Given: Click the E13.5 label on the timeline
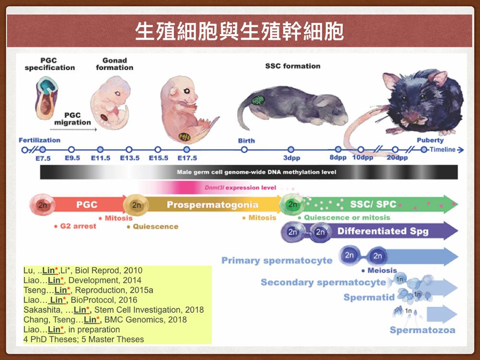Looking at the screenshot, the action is coord(130,158).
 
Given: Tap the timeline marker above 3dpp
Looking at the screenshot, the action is coord(291,150).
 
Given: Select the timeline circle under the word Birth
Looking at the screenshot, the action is coord(244,150).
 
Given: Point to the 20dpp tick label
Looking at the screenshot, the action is coord(397,157).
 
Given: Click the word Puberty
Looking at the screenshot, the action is coord(430,140).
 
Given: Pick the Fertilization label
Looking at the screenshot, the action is coord(39,140).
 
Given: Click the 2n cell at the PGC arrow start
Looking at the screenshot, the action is coord(43,205).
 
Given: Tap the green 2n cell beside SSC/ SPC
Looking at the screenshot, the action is coord(293,204).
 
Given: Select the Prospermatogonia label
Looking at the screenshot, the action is coord(213,204).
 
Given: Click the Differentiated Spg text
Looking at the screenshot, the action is coord(383,231).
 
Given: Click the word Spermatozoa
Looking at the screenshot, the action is coord(422,330).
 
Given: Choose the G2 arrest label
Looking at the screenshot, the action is coord(75,226).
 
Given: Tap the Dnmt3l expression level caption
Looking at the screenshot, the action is coord(240,188).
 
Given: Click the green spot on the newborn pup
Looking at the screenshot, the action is coord(258,100).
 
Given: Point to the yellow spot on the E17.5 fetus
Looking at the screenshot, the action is coord(184,137).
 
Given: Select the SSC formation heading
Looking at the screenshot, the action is coord(293,66).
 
